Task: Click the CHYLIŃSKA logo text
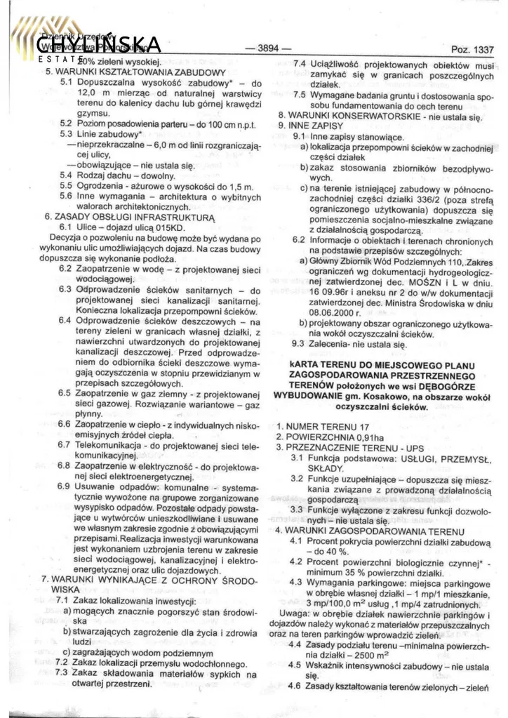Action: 98,44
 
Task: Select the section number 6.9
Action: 64,486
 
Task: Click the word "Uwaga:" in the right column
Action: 293,616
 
